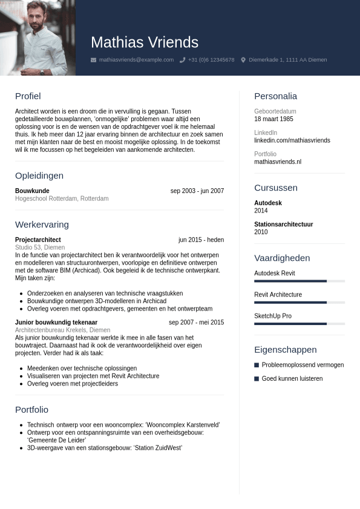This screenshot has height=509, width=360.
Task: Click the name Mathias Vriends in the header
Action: point(145,42)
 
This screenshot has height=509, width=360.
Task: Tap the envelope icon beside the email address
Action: point(93,60)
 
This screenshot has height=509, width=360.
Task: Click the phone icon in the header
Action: point(182,60)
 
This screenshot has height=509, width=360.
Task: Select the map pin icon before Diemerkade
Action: point(243,60)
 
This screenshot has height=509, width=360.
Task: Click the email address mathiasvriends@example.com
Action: point(136,60)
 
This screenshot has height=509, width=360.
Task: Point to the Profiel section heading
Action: point(28,96)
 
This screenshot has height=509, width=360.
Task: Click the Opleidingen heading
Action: point(39,176)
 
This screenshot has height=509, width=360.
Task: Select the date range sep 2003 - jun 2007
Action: point(197,191)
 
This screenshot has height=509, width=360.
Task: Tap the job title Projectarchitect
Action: point(38,240)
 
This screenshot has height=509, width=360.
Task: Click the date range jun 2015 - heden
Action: point(201,240)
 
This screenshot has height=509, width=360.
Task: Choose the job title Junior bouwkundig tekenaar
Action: point(56,323)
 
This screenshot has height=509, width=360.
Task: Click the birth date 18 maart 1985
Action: point(273,119)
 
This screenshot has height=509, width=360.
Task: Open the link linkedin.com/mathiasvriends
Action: point(292,140)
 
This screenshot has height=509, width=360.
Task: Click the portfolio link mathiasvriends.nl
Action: point(278,162)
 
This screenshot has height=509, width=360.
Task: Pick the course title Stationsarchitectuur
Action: point(283,225)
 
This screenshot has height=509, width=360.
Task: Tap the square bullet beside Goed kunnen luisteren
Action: point(257,378)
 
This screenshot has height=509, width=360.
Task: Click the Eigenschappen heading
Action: point(285,350)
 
